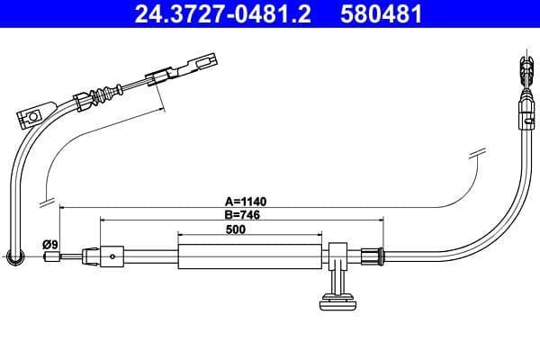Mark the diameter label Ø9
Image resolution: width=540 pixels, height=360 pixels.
point(50,244)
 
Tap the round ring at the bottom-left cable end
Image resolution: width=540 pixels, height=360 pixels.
point(13,258)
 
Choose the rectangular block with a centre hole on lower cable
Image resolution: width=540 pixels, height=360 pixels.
point(112,256)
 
